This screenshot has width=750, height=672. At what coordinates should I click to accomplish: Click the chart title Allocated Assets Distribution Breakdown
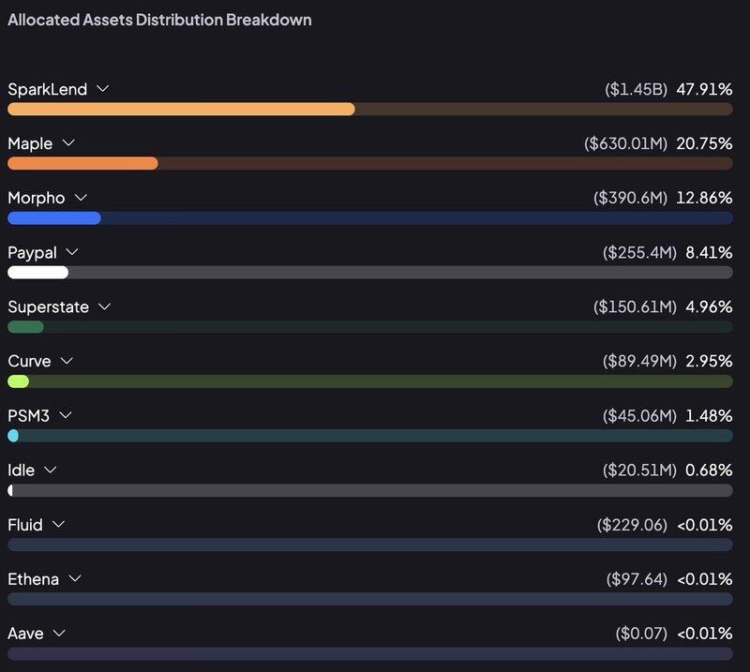click(x=159, y=19)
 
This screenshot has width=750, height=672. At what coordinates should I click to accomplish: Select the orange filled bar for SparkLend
click(x=181, y=109)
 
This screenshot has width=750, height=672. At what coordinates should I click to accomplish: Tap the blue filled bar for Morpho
click(x=53, y=218)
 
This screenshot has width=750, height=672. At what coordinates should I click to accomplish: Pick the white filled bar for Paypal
click(x=37, y=273)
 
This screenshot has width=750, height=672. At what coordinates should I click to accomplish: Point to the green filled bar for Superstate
click(x=25, y=327)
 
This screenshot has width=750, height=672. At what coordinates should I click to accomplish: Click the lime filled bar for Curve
click(x=18, y=381)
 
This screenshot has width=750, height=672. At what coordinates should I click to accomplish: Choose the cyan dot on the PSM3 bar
click(x=13, y=436)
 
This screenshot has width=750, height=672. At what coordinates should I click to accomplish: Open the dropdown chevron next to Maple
click(x=67, y=143)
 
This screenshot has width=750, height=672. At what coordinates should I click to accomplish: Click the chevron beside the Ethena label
click(x=74, y=578)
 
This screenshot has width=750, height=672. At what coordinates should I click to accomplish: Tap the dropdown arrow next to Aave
click(x=59, y=633)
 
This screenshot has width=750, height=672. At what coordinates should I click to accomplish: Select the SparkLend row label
click(x=47, y=89)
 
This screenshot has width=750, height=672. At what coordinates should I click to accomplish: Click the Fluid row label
click(x=25, y=525)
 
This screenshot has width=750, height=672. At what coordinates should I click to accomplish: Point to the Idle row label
click(x=22, y=470)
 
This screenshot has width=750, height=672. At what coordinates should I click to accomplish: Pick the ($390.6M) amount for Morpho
click(x=630, y=198)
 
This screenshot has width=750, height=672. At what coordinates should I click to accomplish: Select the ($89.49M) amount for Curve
click(x=634, y=361)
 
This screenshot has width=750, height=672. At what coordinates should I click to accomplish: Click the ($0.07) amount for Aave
click(x=641, y=634)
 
